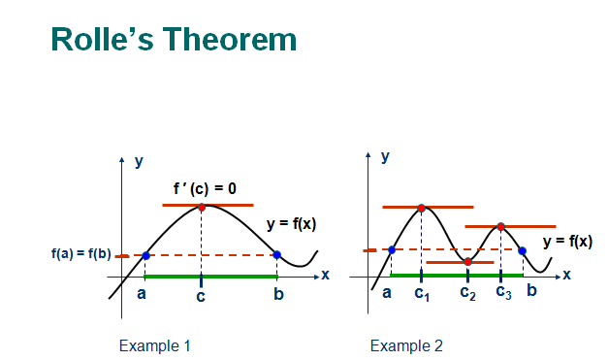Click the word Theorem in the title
pyautogui.click(x=230, y=39)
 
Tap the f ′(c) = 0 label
pyautogui.click(x=205, y=189)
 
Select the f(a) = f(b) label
pyautogui.click(x=81, y=253)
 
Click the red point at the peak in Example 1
pyautogui.click(x=202, y=207)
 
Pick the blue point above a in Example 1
pyautogui.click(x=145, y=255)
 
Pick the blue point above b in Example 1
pyautogui.click(x=277, y=255)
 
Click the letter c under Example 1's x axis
pyautogui.click(x=201, y=296)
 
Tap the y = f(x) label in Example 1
pyautogui.click(x=291, y=224)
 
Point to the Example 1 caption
pyautogui.click(x=155, y=345)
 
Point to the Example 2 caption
pyautogui.click(x=406, y=345)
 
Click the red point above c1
pyautogui.click(x=422, y=209)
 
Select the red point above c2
pyautogui.click(x=468, y=261)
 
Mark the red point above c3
pyautogui.click(x=500, y=226)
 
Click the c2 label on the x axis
pyautogui.click(x=468, y=293)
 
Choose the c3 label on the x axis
pyautogui.click(x=503, y=292)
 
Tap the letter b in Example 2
pyautogui.click(x=531, y=290)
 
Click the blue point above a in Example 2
pyautogui.click(x=392, y=249)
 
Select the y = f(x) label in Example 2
pyautogui.click(x=567, y=242)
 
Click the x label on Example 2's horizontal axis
pyautogui.click(x=567, y=275)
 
